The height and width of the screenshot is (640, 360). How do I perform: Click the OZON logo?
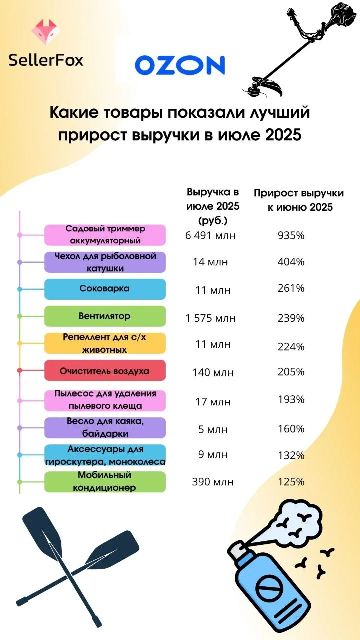click(180, 65)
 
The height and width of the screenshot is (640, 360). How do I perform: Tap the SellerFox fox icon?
click(45, 32)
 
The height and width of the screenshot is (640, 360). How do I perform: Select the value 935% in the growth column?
click(291, 235)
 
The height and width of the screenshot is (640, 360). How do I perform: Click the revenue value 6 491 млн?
click(210, 235)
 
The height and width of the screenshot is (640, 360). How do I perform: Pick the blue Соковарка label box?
click(105, 289)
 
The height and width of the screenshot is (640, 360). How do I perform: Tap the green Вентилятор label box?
click(105, 316)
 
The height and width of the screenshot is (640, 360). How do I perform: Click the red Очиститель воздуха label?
click(105, 370)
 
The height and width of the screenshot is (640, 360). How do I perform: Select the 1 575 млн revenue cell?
click(210, 318)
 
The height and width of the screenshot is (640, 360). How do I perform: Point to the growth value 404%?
click(291, 262)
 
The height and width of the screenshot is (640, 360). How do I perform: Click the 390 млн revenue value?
click(213, 482)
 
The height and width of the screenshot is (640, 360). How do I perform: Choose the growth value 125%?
click(291, 482)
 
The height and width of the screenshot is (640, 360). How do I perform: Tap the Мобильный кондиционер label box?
click(105, 481)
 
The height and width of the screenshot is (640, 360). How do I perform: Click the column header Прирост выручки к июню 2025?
click(299, 200)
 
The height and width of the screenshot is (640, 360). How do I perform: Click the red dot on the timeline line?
click(19, 370)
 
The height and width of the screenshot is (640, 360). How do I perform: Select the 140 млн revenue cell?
click(213, 373)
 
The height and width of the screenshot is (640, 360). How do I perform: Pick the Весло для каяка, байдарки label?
click(105, 427)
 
